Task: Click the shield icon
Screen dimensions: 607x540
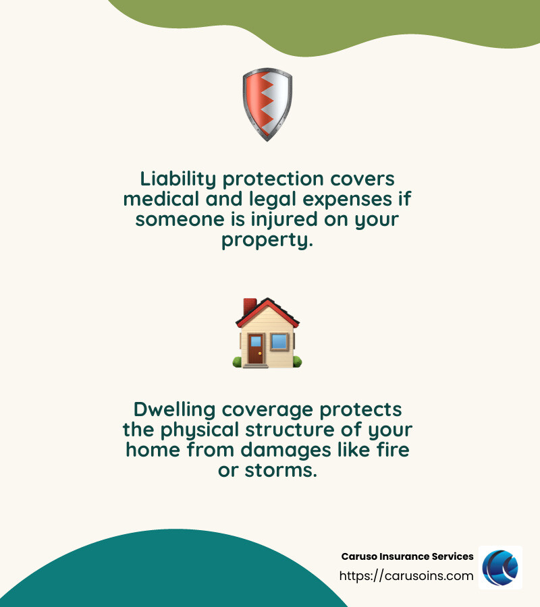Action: pos(267,104)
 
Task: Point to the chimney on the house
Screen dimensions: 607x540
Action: pos(249,307)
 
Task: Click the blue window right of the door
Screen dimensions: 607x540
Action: pos(279,342)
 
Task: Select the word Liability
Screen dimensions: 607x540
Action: pos(178,179)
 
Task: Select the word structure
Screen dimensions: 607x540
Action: pos(292,430)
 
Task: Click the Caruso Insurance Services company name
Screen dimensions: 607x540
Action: pos(407,556)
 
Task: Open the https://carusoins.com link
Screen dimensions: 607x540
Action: pos(406,576)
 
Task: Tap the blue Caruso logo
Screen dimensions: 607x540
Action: pos(500,567)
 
